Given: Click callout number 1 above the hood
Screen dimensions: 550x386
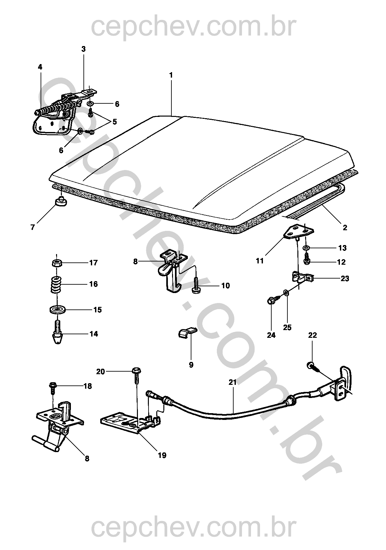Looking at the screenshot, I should click(171, 75).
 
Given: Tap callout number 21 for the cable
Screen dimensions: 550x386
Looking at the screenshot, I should click(233, 382).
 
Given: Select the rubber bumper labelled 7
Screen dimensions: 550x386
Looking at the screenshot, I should click(60, 202).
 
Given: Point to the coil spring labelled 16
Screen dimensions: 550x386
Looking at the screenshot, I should click(57, 284).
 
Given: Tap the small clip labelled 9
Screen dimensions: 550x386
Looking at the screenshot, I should click(187, 332).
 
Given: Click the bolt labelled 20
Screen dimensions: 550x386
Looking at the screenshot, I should click(136, 375).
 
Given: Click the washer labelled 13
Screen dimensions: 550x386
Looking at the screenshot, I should click(306, 248).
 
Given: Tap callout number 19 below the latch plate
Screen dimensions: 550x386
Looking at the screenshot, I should click(162, 455).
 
